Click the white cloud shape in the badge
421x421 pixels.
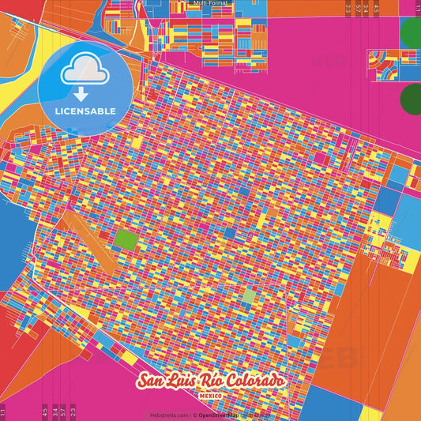pos(85,71)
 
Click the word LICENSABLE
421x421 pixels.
pos(85,110)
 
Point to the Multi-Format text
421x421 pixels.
pos(210,3)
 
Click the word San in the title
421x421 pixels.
pos(152,382)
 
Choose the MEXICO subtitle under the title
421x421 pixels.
pos(210,394)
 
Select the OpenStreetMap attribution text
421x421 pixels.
pos(220,415)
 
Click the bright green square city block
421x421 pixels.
pos(126,239)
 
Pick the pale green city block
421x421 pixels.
pos(249,296)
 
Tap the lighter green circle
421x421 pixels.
pos(412,34)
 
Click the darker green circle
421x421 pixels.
pos(412,100)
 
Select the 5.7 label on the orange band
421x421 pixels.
pos(62,410)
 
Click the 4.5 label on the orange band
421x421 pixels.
pos(43,410)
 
